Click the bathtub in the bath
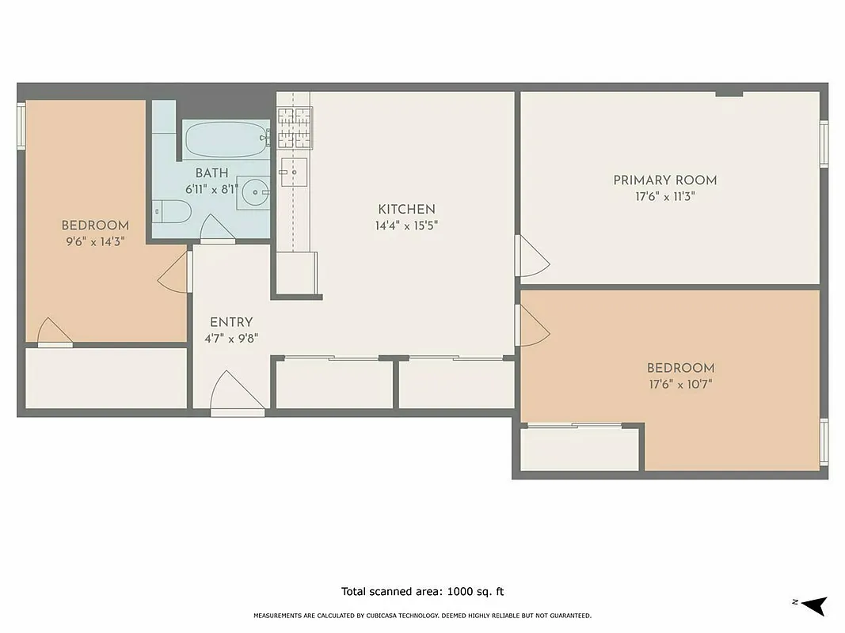point(226,140)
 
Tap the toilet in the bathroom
point(173,211)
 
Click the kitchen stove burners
point(295,127)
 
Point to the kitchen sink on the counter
point(293,170)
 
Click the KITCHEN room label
point(406,210)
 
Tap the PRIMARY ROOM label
point(664,180)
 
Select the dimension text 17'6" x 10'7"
point(680,385)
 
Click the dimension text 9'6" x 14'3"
point(94,241)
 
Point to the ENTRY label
point(231,322)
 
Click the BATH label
point(211,173)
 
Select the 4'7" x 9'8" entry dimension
point(231,338)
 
